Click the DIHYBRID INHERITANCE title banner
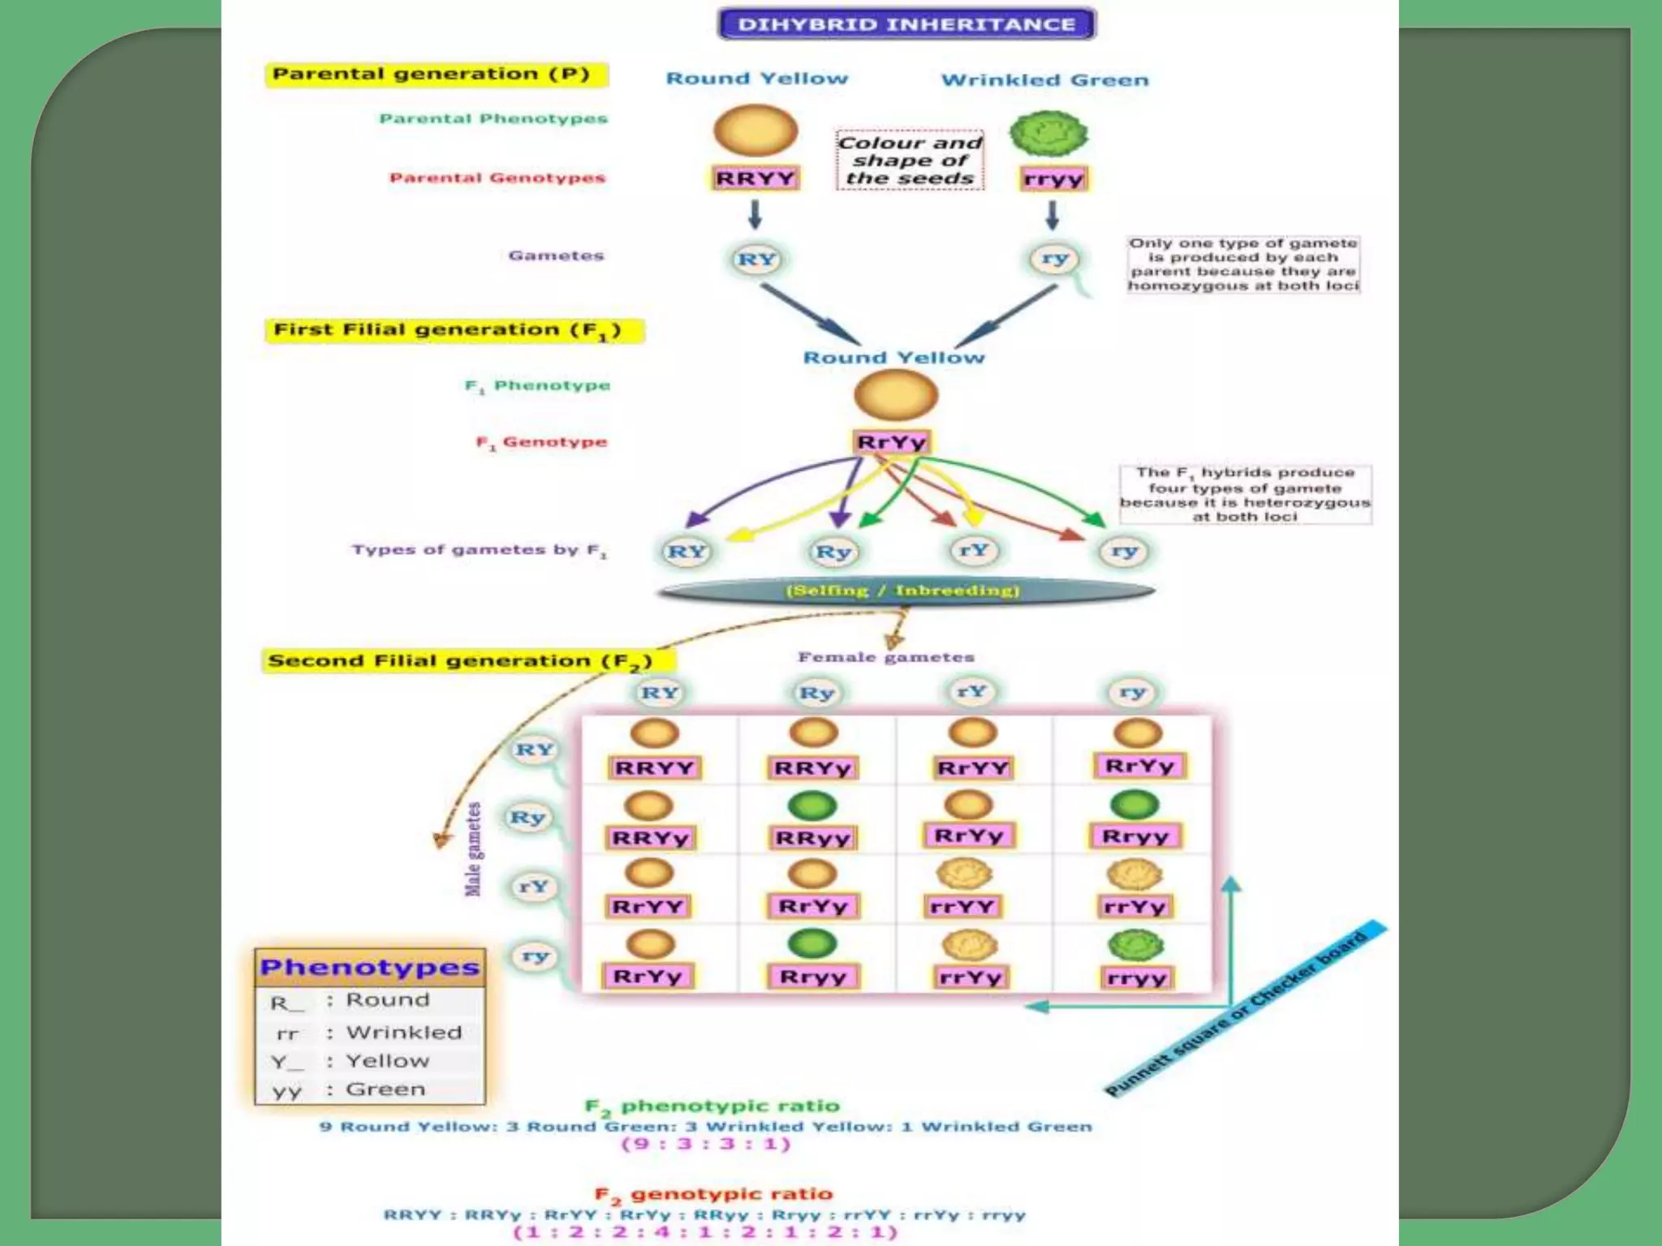click(x=906, y=24)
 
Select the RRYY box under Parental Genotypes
click(x=756, y=178)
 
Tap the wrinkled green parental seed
click(x=1048, y=133)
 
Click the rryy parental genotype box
click(x=1053, y=178)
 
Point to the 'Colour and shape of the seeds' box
click(x=910, y=161)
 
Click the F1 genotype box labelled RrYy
click(x=892, y=442)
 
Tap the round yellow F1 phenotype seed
click(x=895, y=396)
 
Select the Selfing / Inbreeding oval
click(x=904, y=591)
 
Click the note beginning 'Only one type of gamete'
click(x=1242, y=264)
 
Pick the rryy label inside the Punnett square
click(x=1136, y=978)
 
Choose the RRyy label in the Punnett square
click(x=812, y=838)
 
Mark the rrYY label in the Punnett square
click(x=962, y=906)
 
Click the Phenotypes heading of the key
click(x=370, y=967)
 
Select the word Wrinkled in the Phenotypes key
click(x=403, y=1032)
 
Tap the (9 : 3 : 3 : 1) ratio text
click(x=705, y=1144)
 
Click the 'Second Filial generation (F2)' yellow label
click(x=460, y=660)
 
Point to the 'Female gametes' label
click(x=885, y=657)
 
